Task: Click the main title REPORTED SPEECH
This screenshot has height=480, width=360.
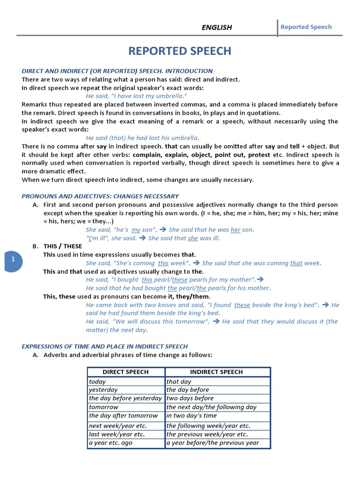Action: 180,51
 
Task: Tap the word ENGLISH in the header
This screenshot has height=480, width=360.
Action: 217,27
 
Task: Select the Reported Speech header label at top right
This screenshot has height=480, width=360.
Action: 306,27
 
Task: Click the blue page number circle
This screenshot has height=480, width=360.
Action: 13,259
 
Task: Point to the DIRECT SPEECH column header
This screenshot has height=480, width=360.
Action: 126,372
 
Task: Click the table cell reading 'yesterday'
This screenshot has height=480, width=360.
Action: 104,390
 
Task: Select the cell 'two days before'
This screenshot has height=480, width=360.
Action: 190,398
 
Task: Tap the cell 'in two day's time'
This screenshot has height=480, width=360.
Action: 192,415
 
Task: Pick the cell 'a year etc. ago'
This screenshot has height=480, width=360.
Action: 111,442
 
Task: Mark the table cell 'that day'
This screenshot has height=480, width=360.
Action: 179,382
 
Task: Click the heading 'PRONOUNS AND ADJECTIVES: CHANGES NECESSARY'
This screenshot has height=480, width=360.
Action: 100,196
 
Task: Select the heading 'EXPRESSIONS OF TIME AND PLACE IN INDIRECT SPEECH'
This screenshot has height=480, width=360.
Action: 105,346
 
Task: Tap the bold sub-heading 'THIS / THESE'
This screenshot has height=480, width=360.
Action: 62,246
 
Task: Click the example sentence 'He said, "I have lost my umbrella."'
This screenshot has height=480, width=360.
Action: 134,96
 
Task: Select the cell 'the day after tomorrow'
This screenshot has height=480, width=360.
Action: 123,415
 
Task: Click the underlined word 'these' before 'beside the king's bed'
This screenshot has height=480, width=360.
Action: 242,305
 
